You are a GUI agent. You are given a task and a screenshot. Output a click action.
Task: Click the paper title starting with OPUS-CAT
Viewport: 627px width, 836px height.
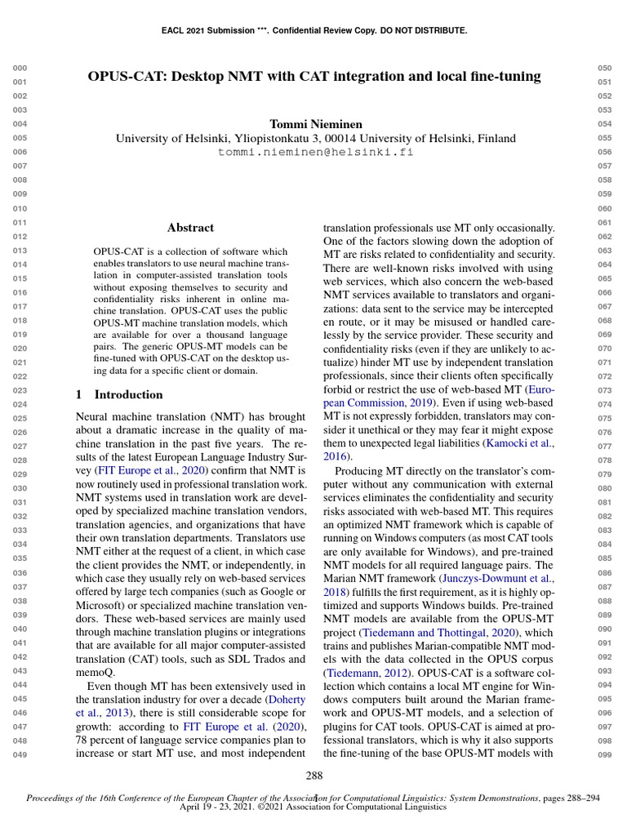pos(314,77)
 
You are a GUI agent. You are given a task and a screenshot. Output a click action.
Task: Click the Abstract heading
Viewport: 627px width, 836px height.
pos(190,228)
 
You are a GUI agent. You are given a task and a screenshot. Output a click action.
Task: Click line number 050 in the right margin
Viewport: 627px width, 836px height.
pos(604,69)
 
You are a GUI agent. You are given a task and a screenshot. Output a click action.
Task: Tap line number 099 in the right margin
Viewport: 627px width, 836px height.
pos(604,754)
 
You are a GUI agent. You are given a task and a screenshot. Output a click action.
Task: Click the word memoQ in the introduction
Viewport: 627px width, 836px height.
pos(95,672)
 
